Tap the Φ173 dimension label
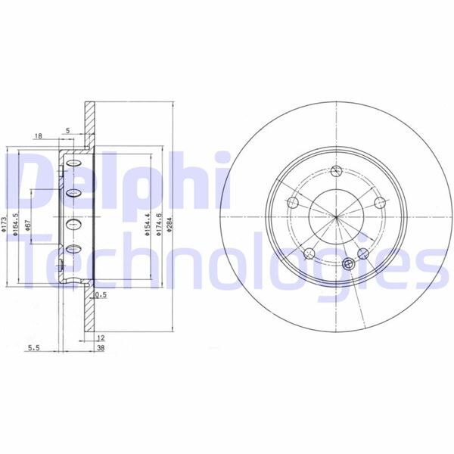tap(5, 225)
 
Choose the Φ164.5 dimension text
tap(17, 225)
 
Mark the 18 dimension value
tap(39, 136)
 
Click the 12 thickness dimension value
tap(99, 338)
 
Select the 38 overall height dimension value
tap(99, 349)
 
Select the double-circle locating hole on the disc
tap(349, 263)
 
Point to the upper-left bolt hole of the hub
tap(292, 202)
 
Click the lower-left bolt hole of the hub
tap(309, 253)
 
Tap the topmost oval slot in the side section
tap(73, 163)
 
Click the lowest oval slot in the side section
tap(73, 249)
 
